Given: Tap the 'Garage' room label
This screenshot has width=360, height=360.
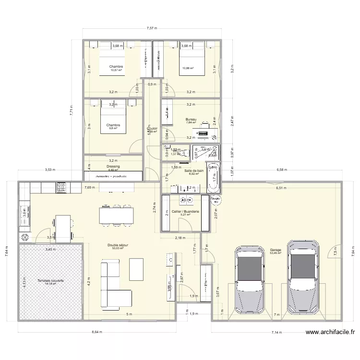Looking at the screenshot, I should point(276,250).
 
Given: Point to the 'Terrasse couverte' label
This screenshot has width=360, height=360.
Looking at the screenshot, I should point(50,280).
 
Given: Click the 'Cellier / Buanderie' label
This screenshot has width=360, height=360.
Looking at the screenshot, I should point(185,211).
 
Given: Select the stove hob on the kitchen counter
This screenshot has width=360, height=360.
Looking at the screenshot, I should point(61,188).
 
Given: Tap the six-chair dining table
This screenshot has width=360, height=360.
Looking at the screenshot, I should point(115,215).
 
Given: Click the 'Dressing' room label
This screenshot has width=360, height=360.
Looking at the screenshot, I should point(113,166).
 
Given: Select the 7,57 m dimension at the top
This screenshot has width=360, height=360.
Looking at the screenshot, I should point(153,29).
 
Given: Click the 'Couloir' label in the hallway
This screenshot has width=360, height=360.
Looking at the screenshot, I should point(152,128).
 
